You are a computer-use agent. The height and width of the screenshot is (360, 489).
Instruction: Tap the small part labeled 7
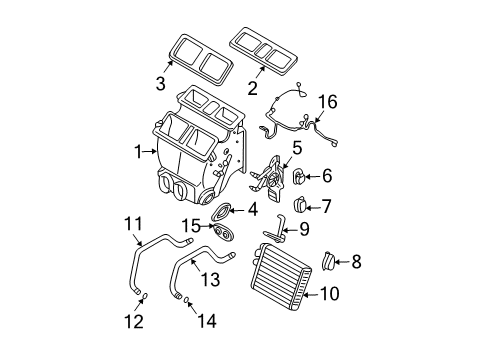tap(298, 206)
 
